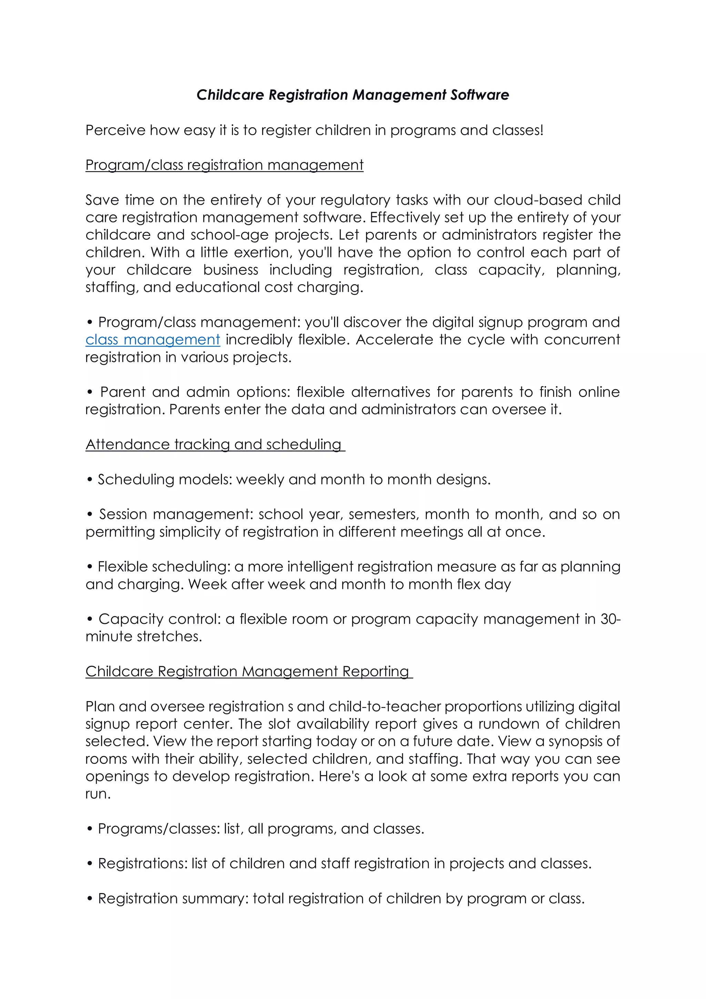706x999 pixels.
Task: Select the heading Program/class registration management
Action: pos(224,165)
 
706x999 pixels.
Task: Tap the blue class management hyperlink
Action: pos(153,339)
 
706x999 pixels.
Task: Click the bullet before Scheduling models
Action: pos(90,479)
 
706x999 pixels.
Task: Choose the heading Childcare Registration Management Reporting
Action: pos(247,671)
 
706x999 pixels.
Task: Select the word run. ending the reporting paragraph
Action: pos(98,793)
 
